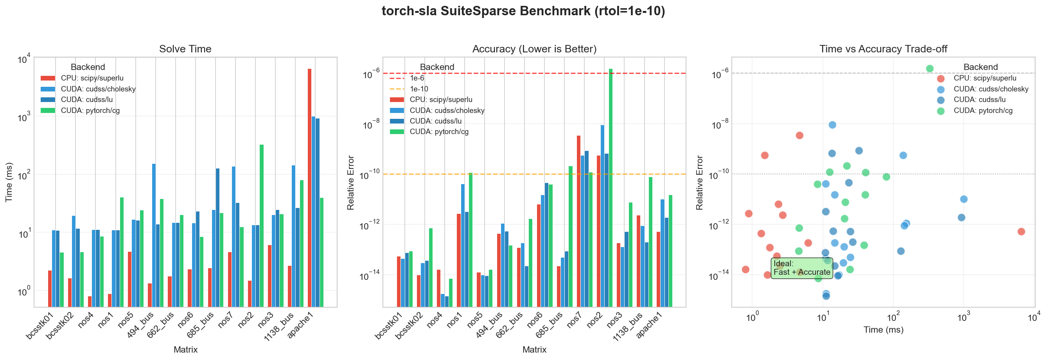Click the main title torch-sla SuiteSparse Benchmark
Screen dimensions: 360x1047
[x=523, y=11]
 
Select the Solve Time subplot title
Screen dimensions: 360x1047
[x=185, y=49]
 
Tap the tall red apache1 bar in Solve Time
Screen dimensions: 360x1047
[x=309, y=187]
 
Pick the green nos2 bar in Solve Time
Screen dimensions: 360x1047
[x=261, y=226]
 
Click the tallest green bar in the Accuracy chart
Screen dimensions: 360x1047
[x=611, y=187]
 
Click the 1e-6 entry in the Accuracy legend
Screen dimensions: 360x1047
[x=417, y=78]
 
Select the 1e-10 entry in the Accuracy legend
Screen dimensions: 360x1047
[x=418, y=89]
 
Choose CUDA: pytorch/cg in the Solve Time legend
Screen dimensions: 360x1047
[x=90, y=111]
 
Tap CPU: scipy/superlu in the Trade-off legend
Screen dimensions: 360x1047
[x=984, y=78]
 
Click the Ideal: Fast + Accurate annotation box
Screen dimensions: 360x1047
[x=801, y=268]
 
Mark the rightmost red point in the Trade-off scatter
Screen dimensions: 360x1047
[x=1021, y=232]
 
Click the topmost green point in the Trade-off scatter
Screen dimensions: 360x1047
[x=930, y=68]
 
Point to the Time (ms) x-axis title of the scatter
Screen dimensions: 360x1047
[x=883, y=330]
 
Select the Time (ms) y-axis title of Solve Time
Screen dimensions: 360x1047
[x=9, y=182]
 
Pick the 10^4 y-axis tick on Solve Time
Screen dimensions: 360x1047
[x=23, y=60]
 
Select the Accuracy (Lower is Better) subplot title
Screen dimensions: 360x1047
[x=534, y=49]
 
